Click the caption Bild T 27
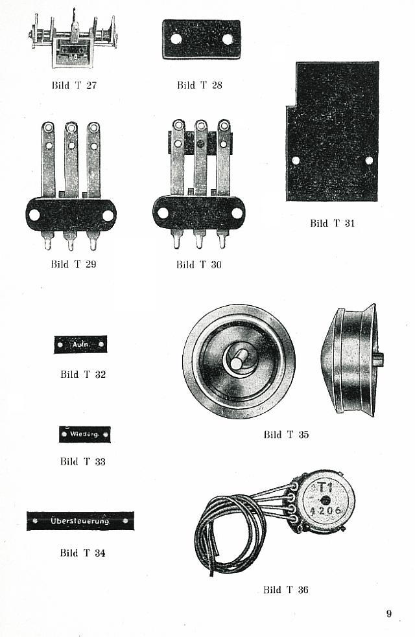(x=74, y=85)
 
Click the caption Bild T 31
(x=333, y=224)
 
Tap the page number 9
(x=389, y=614)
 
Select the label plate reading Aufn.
(x=80, y=345)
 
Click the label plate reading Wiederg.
(x=84, y=434)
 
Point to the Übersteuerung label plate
(x=80, y=521)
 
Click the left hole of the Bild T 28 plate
(x=176, y=39)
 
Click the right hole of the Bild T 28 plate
(x=228, y=39)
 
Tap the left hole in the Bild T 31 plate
(x=296, y=160)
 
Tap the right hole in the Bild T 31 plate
(x=369, y=160)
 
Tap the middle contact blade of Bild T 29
(x=71, y=162)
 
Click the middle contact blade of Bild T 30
(x=200, y=162)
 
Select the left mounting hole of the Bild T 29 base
(x=34, y=214)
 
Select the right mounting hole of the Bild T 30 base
(x=237, y=213)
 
